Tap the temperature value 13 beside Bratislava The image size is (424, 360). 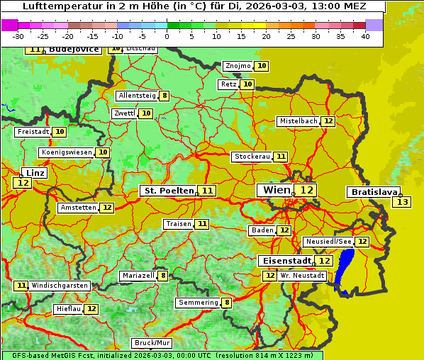click(x=402, y=202)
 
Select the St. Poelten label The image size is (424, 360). click(x=168, y=191)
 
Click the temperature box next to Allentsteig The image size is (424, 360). click(x=164, y=96)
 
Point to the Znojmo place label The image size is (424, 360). click(x=237, y=66)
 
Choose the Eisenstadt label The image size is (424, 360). click(x=284, y=261)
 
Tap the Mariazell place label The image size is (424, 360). click(x=138, y=276)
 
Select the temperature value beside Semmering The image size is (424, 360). click(x=227, y=303)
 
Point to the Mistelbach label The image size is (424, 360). click(x=298, y=121)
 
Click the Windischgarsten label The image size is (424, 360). click(x=60, y=285)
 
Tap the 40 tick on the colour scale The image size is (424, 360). click(x=365, y=36)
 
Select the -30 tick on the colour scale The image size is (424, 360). click(x=18, y=36)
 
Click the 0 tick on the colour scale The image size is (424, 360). click(x=167, y=36)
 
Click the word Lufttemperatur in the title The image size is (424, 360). click(x=56, y=6)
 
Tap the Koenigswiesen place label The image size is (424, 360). click(x=67, y=152)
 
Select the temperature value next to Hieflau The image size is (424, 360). click(x=91, y=309)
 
